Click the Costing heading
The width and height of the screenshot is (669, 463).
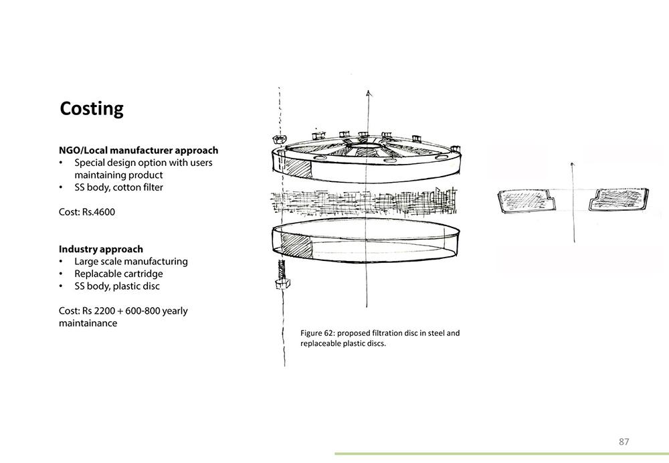pyautogui.click(x=92, y=109)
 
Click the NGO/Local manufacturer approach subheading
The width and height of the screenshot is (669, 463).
pyautogui.click(x=138, y=151)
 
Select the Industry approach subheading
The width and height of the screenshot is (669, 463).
pyautogui.click(x=101, y=249)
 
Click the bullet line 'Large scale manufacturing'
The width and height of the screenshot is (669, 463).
pyautogui.click(x=131, y=262)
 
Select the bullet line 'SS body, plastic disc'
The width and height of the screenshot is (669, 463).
pyautogui.click(x=117, y=286)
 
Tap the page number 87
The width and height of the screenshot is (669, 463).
pyautogui.click(x=624, y=442)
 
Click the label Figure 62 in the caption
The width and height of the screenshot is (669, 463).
pyautogui.click(x=316, y=333)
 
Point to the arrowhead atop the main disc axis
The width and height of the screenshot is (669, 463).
pyautogui.click(x=369, y=94)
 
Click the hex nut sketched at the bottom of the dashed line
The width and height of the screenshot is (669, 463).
pyautogui.click(x=282, y=283)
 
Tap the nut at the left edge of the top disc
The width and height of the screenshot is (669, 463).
pyautogui.click(x=278, y=139)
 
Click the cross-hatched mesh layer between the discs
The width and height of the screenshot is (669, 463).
pyautogui.click(x=364, y=202)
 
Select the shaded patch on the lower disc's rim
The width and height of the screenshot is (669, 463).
pyautogui.click(x=296, y=245)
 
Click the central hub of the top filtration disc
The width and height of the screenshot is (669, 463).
pyautogui.click(x=365, y=147)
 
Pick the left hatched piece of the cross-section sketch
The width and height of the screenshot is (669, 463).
pyautogui.click(x=527, y=200)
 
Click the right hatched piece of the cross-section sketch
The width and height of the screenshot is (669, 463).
pyautogui.click(x=619, y=199)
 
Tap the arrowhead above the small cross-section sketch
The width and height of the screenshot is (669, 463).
pyautogui.click(x=573, y=164)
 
